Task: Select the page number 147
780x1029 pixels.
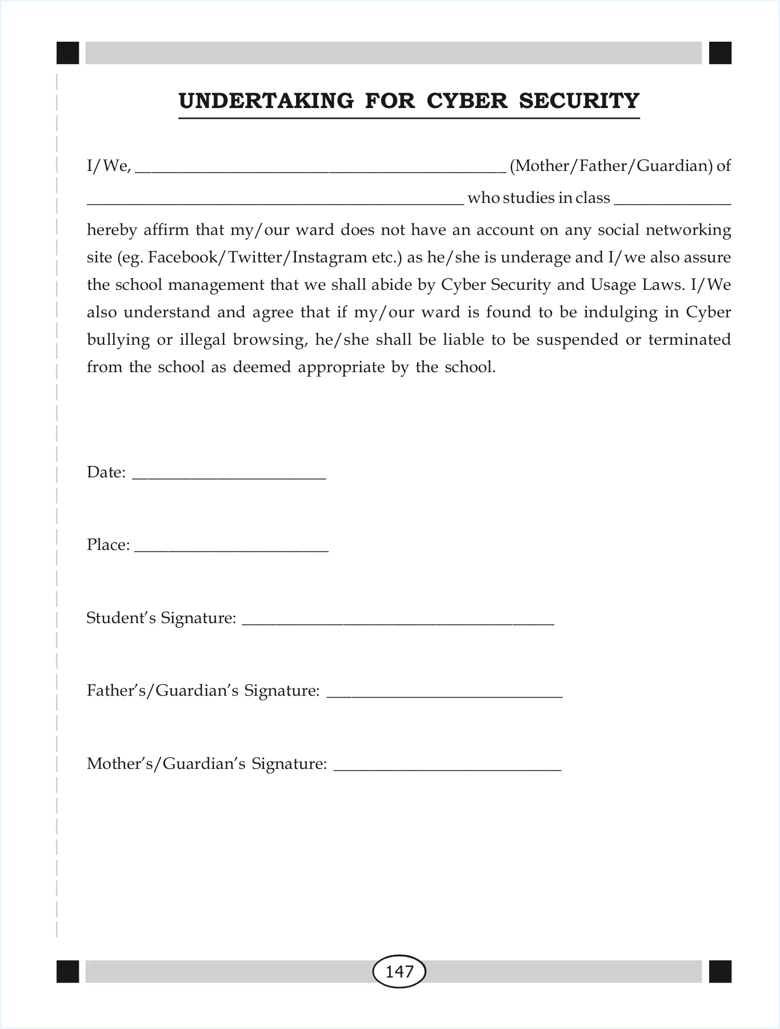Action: [x=399, y=971]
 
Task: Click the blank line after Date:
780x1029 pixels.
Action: [x=229, y=476]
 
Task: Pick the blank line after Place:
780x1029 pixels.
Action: [x=231, y=549]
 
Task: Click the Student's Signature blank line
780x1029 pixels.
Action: [x=398, y=622]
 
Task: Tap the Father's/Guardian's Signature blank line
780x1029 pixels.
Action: [x=444, y=695]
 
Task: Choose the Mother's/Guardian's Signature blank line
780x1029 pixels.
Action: [x=447, y=768]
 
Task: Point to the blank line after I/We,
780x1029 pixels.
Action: [x=320, y=170]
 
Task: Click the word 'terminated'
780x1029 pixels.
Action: [x=689, y=340]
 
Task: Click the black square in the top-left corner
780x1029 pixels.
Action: [x=67, y=53]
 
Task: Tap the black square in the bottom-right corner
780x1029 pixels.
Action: [x=720, y=971]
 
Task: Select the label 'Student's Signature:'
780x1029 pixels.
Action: [x=161, y=618]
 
